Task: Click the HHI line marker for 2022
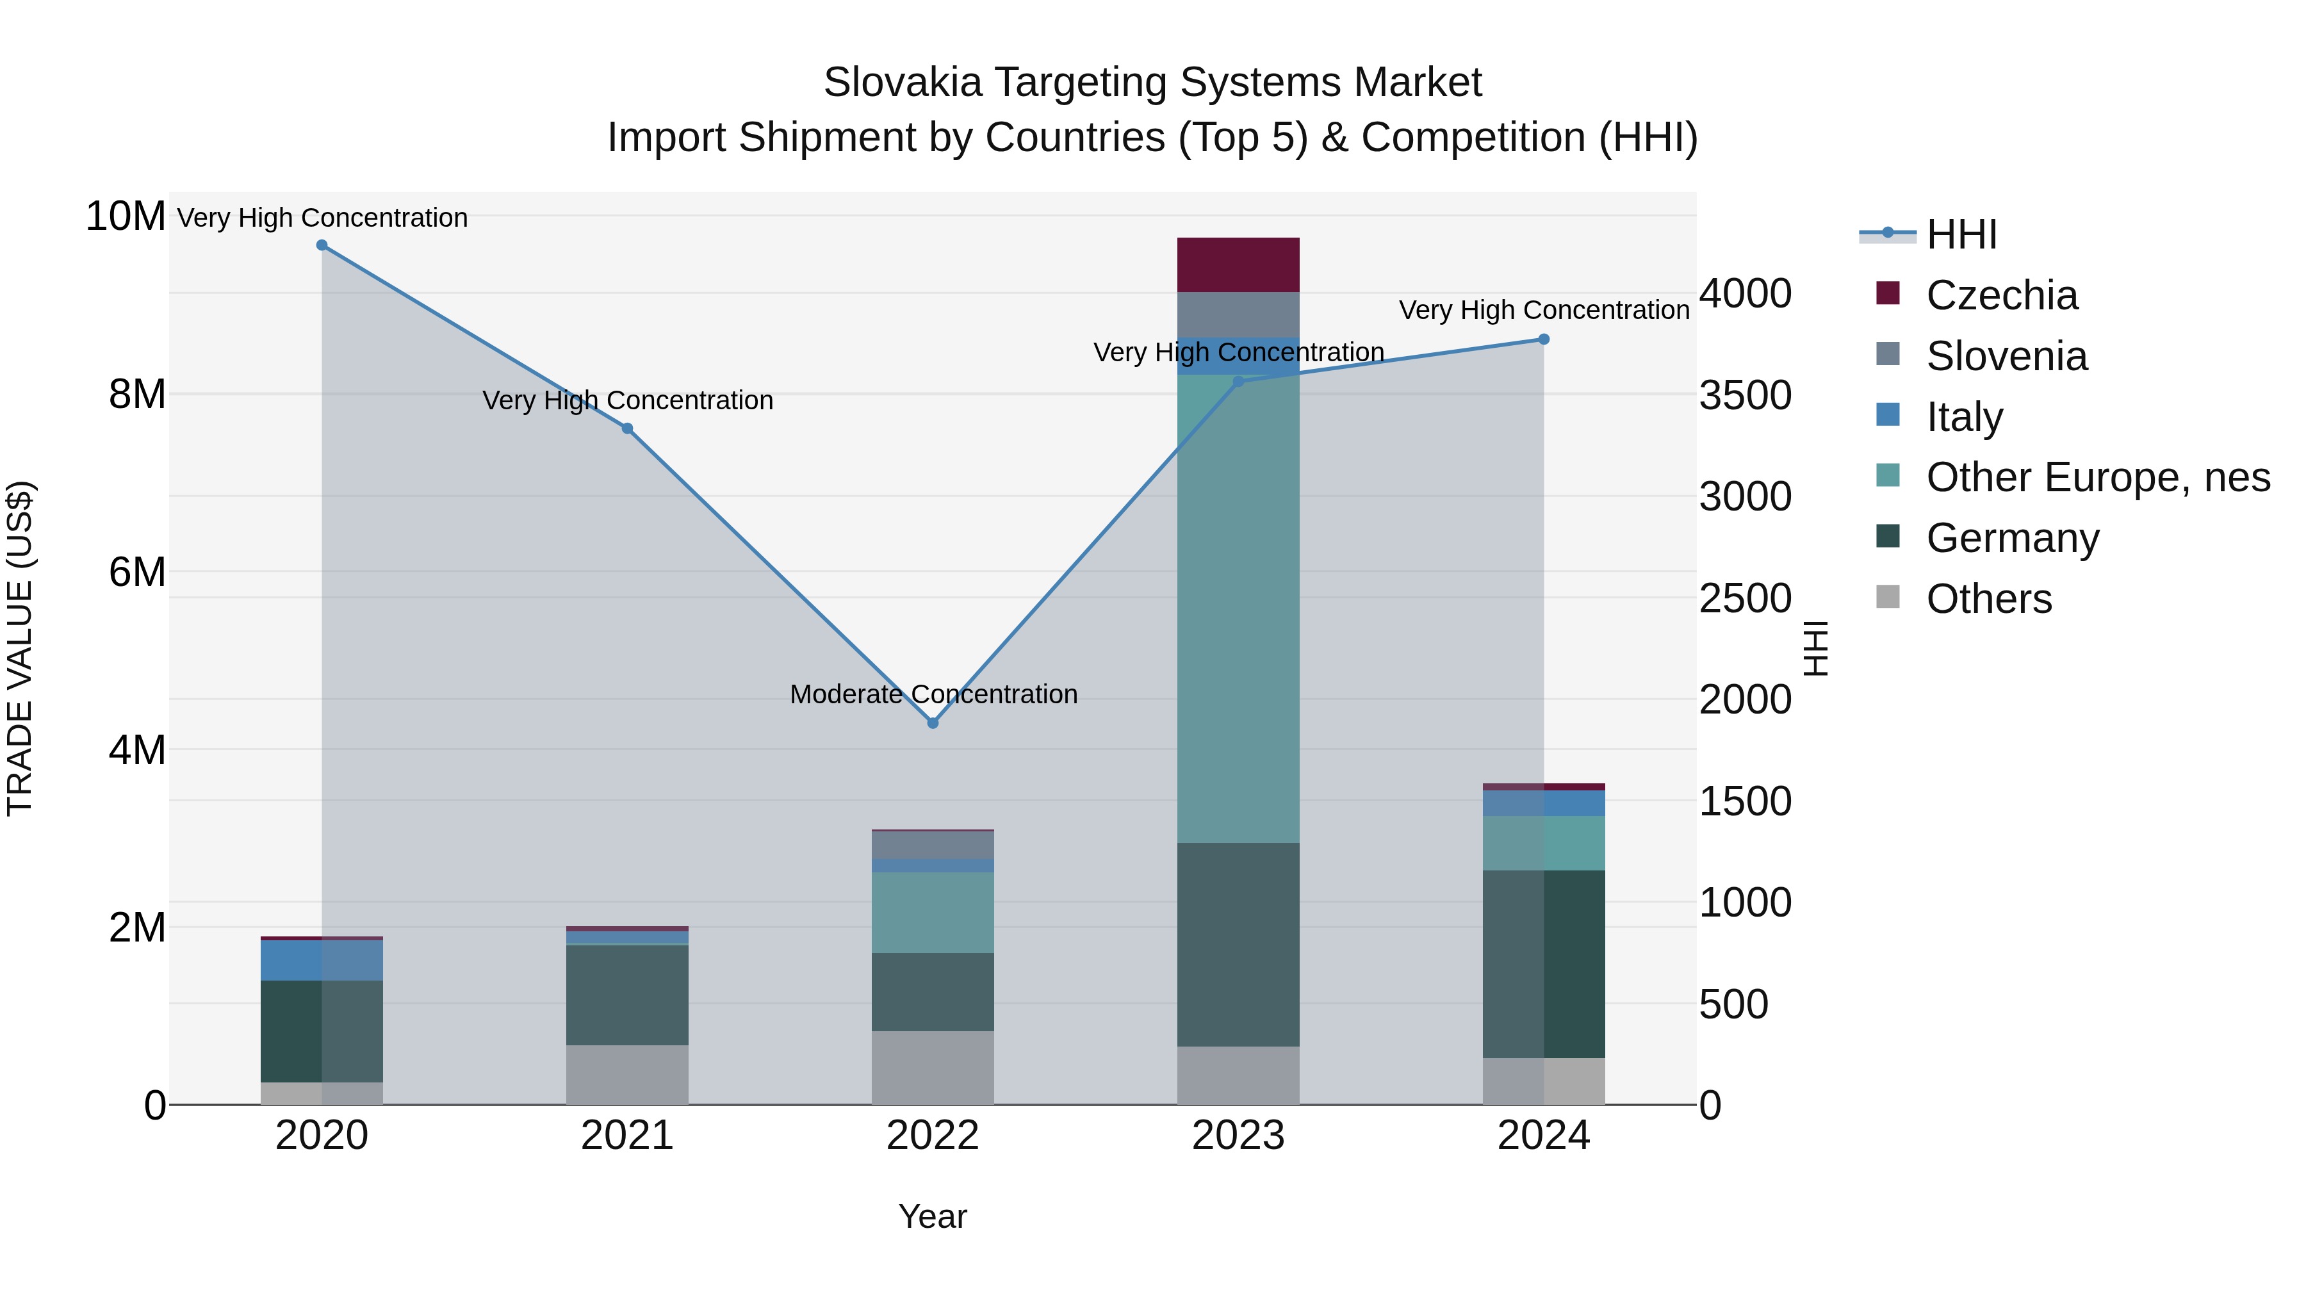(x=932, y=722)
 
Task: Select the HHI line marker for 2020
(x=322, y=245)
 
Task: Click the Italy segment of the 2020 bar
(x=322, y=959)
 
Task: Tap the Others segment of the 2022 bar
(x=932, y=1067)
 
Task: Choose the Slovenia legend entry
(x=2006, y=356)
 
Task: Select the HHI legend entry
(x=1961, y=234)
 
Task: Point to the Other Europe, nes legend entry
(x=2097, y=477)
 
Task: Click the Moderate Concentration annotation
(x=933, y=694)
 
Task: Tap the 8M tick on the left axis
(x=137, y=394)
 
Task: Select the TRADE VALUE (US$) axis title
(x=20, y=648)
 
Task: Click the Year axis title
(x=932, y=1216)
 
